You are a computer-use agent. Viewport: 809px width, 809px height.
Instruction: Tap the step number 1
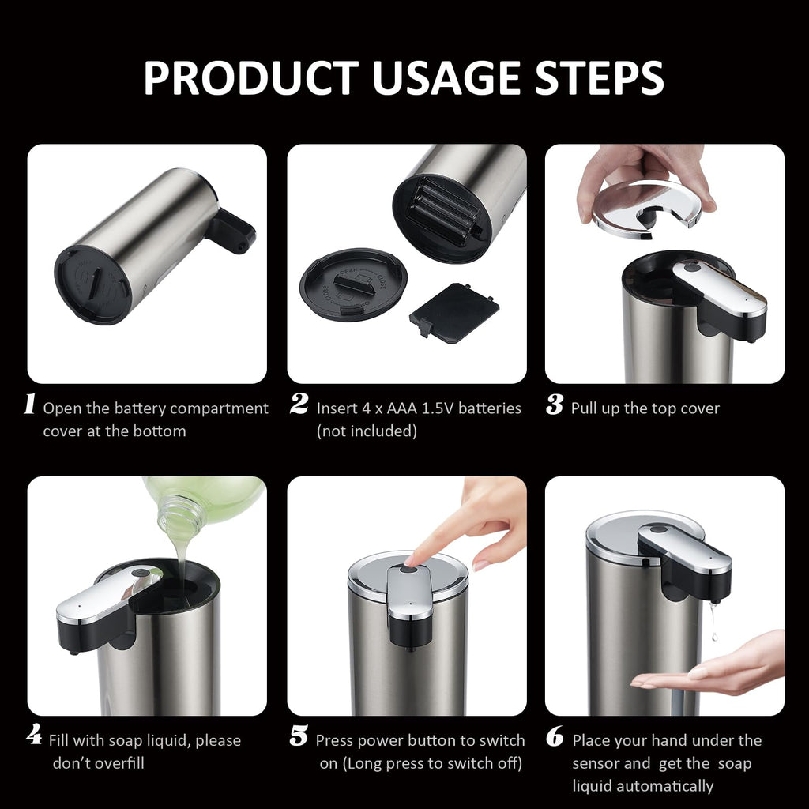coord(30,405)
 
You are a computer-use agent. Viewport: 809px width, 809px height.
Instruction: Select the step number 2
coord(299,405)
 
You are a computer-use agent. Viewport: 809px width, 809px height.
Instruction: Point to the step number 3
coord(555,405)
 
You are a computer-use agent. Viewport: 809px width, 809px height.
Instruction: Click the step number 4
coord(33,736)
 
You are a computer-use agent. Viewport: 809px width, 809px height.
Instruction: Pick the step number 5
coord(299,737)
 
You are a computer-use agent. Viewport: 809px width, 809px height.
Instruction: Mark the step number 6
coord(555,737)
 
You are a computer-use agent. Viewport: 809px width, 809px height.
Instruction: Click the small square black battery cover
coord(454,313)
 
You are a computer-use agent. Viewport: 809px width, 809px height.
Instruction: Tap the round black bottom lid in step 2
coord(353,284)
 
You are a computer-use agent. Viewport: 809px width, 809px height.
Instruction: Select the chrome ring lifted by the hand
coord(646,207)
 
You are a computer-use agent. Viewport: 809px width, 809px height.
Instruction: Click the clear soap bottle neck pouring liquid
coord(180,514)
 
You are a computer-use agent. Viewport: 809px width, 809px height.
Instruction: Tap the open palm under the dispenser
coord(711,668)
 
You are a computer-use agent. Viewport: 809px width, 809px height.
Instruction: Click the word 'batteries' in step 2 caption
coord(490,408)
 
